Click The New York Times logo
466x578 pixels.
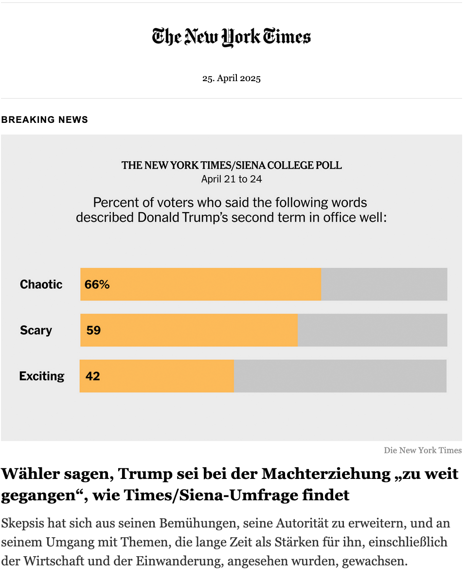[x=232, y=37]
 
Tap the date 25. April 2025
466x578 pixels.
[x=232, y=78]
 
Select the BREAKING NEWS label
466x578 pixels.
[x=44, y=119]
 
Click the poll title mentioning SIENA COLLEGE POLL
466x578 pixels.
[x=232, y=165]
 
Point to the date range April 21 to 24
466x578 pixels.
[x=232, y=179]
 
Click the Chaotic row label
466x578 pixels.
[x=41, y=284]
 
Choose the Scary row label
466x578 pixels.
[x=36, y=330]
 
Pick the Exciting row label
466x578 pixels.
[x=42, y=376]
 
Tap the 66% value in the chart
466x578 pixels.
[x=97, y=285]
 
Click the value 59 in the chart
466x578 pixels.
[x=93, y=330]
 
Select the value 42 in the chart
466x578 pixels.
[x=92, y=376]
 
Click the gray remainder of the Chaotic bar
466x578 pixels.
[x=384, y=284]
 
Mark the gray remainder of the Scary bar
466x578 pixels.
[x=372, y=330]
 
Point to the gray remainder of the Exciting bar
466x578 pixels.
[x=340, y=376]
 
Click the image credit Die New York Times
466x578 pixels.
[x=423, y=450]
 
